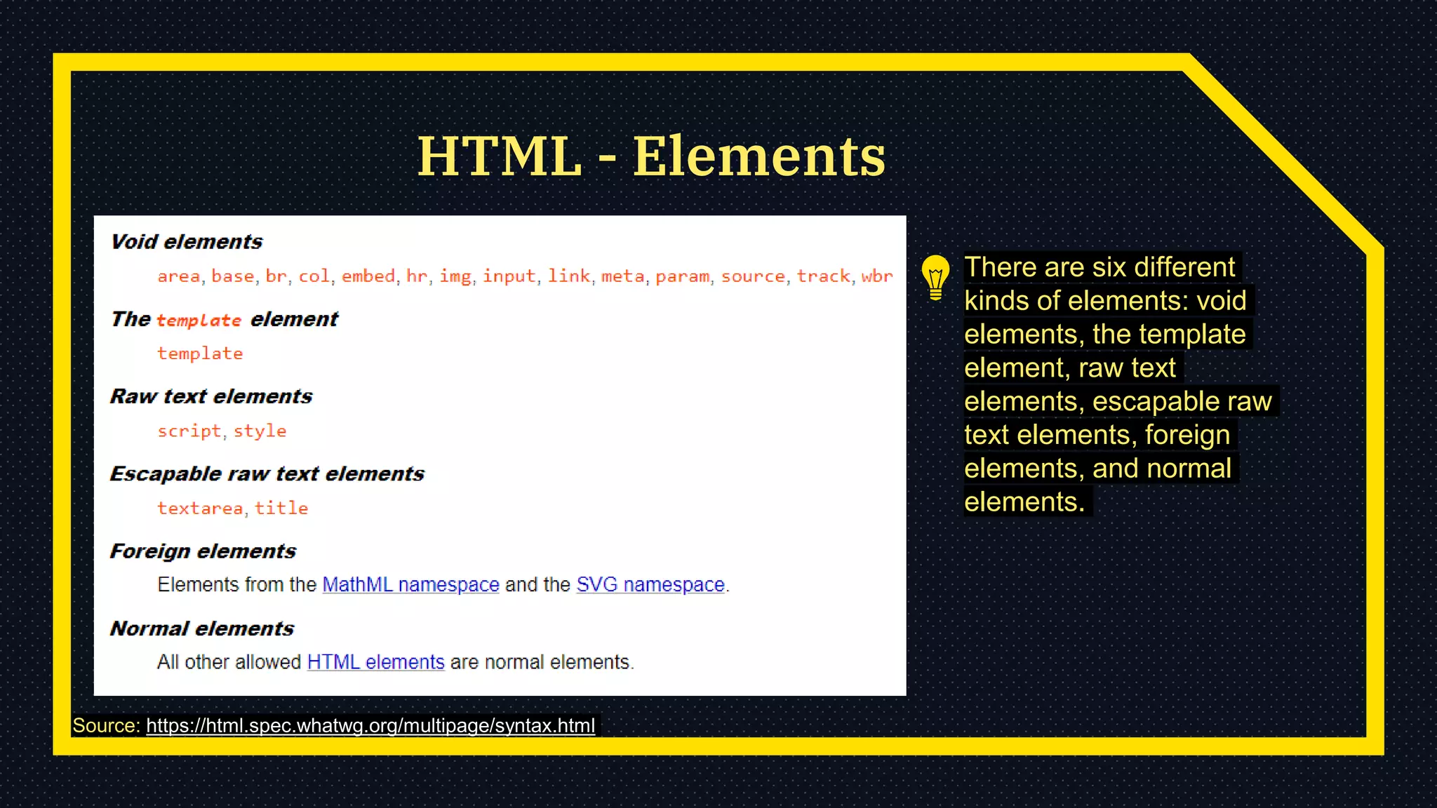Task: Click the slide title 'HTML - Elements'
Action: (651, 156)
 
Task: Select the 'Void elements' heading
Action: (187, 242)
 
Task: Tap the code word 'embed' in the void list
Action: (368, 276)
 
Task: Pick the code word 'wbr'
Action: (877, 276)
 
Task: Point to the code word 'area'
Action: (179, 276)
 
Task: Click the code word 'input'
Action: (509, 276)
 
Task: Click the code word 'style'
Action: (260, 431)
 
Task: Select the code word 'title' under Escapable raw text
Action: (281, 508)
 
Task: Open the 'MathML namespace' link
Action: (410, 584)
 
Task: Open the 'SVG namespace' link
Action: (650, 584)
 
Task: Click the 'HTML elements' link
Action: (376, 661)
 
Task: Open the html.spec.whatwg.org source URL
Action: (370, 725)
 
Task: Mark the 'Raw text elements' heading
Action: (211, 396)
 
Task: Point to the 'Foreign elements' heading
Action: (203, 551)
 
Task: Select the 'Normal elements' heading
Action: (202, 628)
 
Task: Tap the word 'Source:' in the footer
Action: (107, 725)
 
